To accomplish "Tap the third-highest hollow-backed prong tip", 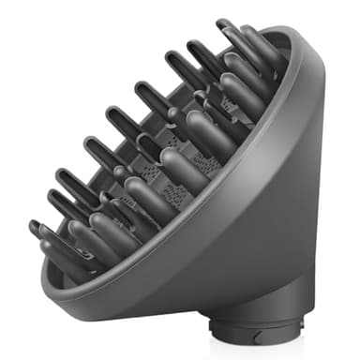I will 170,64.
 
